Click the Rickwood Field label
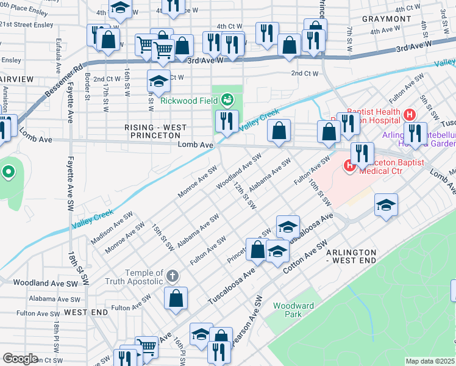[189, 101]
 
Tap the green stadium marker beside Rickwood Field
[227, 99]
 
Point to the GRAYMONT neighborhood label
[387, 19]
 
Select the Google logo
[20, 359]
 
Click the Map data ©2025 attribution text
[430, 361]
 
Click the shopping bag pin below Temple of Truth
[176, 298]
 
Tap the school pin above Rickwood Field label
[159, 81]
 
